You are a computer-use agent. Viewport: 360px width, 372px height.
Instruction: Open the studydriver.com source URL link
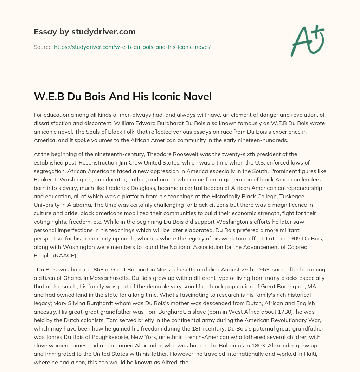click(x=132, y=47)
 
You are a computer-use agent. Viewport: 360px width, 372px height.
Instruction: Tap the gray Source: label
click(x=43, y=47)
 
